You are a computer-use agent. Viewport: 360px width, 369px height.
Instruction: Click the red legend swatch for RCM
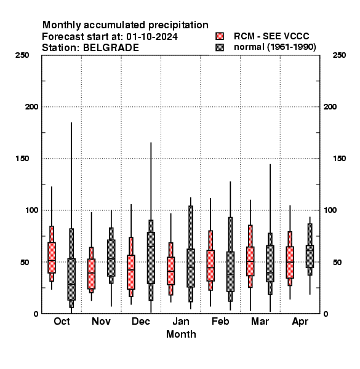pos(220,36)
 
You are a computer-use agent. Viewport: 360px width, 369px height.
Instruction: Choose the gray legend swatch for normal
pos(220,47)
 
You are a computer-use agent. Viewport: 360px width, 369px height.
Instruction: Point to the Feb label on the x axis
pos(220,321)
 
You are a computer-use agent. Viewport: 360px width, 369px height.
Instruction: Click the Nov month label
pos(101,321)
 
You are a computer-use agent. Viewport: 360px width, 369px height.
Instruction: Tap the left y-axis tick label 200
pos(31,106)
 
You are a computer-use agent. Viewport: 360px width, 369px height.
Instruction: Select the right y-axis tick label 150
pos(339,159)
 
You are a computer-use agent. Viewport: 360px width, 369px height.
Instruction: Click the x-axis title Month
pos(181,334)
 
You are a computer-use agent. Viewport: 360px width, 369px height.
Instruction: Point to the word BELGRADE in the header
pos(111,48)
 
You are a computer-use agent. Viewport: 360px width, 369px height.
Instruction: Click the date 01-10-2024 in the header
pos(152,37)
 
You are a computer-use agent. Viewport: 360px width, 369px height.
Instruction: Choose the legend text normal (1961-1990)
pos(274,47)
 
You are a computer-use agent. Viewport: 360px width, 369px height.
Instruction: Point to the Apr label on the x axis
pos(300,322)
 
